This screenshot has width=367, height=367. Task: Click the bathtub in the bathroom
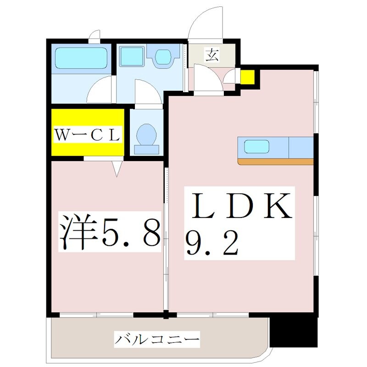pos(81,58)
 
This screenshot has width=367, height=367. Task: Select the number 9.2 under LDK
pos(212,244)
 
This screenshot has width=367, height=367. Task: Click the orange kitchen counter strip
pos(275,161)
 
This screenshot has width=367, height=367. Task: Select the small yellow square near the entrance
pos(248,77)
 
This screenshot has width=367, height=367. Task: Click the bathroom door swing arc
pos(99,89)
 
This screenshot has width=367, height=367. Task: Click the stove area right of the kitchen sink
pos(301,146)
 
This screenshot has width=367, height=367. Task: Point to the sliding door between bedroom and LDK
pos(167,239)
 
